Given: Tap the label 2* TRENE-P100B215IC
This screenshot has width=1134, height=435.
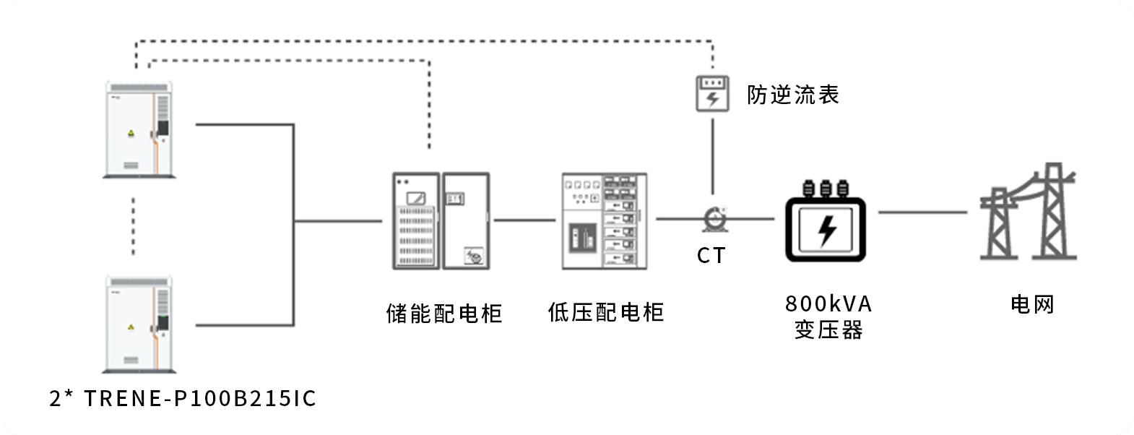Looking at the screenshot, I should pos(183,398).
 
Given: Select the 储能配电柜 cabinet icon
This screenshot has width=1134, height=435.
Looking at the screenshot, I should pos(441,220).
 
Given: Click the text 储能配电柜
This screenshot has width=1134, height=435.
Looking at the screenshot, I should pos(443,313).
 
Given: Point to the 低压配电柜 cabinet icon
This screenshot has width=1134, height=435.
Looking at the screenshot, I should pos(605,220).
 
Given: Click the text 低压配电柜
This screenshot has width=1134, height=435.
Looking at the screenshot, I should pos(605,312).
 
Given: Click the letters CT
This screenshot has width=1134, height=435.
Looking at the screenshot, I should pos(711,255).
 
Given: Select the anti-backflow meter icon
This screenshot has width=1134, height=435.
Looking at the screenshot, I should pos(712,94).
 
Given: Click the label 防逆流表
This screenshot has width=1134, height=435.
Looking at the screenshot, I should pos(792,95).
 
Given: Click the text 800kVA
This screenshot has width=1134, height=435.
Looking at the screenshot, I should pos(828,303).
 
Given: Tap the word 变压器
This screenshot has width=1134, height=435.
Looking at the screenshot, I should pos(828,330).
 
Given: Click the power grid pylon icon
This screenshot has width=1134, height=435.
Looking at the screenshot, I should pos(1029,213).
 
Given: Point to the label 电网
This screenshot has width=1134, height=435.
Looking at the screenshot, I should pos(1032,304).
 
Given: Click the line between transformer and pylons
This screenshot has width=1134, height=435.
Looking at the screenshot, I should pos(922,212).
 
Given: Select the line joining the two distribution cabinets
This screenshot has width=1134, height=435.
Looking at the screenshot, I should pos(525,220).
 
